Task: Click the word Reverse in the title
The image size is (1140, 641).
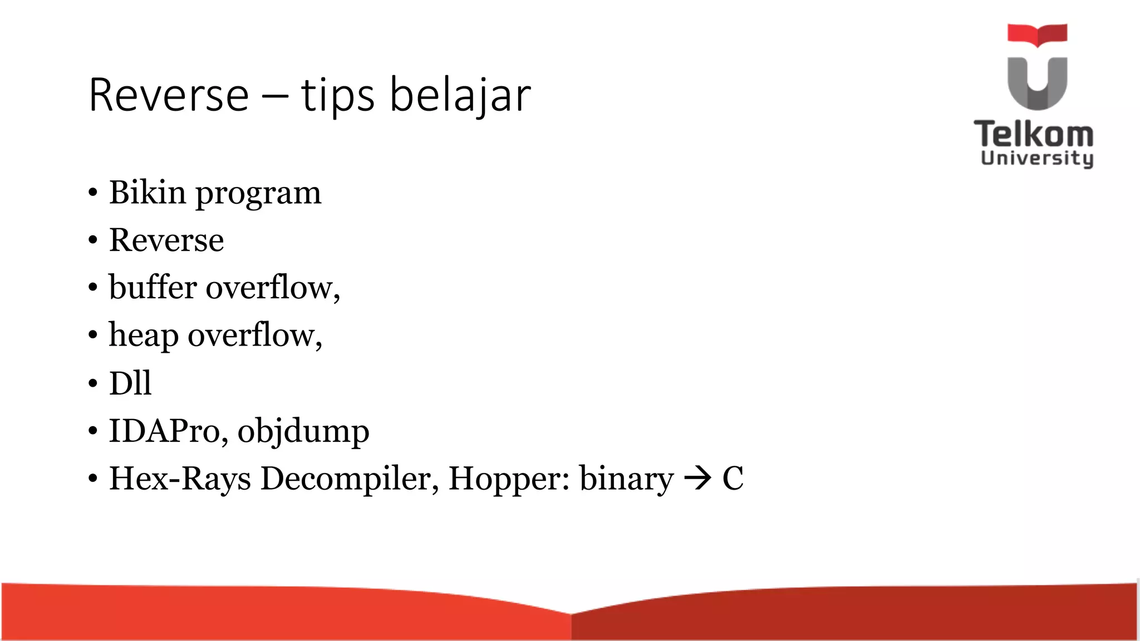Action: [168, 95]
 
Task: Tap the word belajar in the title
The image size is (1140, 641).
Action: [460, 95]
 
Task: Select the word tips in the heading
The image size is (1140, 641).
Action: [337, 95]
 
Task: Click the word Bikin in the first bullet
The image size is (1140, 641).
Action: [148, 193]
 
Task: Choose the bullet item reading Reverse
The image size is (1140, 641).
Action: [166, 240]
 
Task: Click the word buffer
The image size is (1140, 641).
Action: [153, 288]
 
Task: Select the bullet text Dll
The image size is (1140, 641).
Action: [130, 383]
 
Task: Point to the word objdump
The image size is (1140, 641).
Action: [303, 432]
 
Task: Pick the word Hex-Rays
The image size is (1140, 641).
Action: [180, 479]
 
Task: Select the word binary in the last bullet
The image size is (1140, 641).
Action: [626, 480]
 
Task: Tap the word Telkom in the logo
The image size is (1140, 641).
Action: [1034, 134]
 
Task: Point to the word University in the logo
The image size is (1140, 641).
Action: [1037, 158]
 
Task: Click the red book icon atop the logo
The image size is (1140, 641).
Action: [1037, 34]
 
